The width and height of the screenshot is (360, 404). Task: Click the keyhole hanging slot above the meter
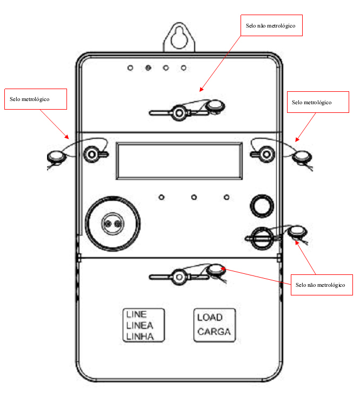[179, 38]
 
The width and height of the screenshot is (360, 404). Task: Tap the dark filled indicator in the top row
[148, 68]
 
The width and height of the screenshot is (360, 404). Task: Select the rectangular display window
[179, 161]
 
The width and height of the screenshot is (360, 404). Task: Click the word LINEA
[140, 326]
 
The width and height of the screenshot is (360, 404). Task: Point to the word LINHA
[140, 336]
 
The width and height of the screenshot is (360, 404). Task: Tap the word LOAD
[210, 318]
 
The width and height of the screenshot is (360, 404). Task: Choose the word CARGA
[214, 332]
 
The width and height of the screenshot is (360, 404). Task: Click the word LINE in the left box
[136, 314]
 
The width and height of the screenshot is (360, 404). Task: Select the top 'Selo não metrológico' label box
[271, 25]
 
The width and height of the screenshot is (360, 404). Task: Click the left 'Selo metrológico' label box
[36, 99]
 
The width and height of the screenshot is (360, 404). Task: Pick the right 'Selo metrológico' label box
[318, 102]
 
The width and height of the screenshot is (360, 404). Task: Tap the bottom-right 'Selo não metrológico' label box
[322, 285]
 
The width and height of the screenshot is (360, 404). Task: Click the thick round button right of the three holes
[262, 206]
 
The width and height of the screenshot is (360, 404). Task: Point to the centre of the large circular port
[112, 224]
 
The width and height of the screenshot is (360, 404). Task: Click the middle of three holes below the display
[194, 197]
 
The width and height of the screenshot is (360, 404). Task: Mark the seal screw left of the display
[92, 154]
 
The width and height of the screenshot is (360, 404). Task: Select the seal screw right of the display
[266, 154]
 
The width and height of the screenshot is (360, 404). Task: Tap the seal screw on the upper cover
[179, 113]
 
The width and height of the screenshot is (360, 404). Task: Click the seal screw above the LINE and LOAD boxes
[179, 277]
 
